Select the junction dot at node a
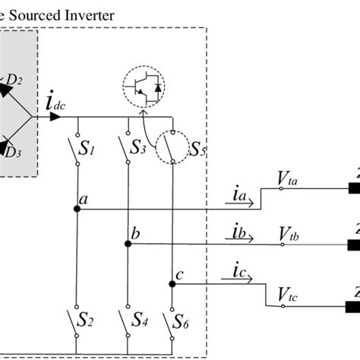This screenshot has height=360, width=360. pos(77,210)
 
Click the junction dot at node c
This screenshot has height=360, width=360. pos(172,284)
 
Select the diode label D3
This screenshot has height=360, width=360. pos(12,152)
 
